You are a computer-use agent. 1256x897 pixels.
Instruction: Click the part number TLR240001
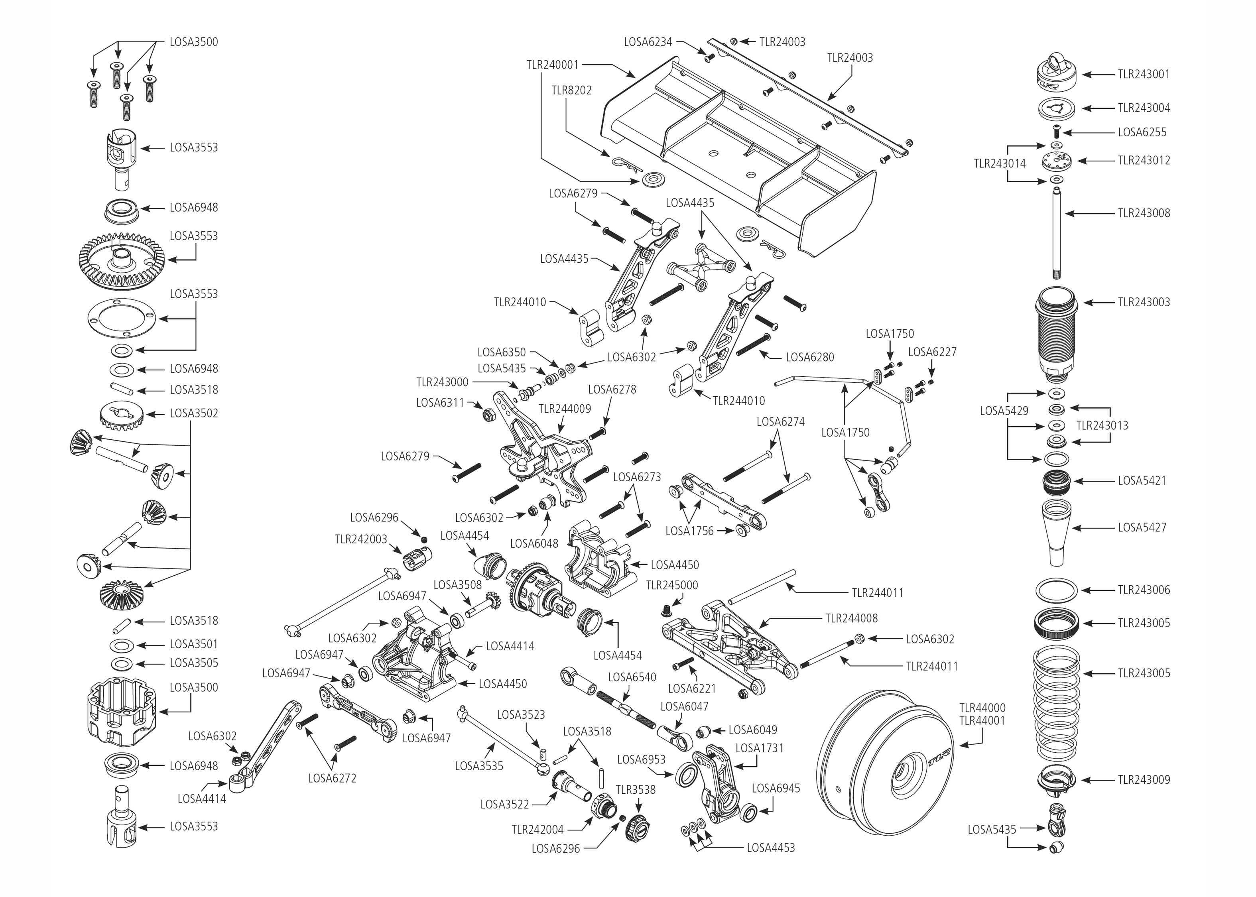coord(552,65)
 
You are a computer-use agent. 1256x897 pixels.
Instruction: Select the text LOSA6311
coord(440,403)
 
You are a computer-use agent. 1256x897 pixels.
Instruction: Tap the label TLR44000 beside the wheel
coord(982,708)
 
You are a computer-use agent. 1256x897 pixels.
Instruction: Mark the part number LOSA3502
coord(193,413)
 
